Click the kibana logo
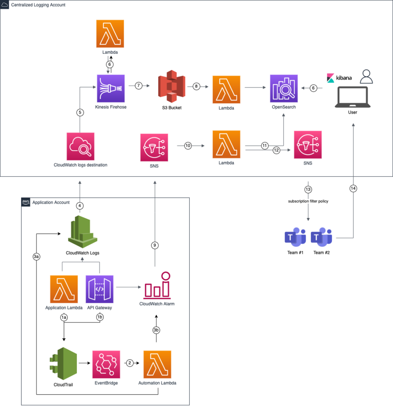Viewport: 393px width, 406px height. click(x=340, y=78)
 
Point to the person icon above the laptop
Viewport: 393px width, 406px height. click(x=366, y=77)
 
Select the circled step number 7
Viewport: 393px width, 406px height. click(x=138, y=86)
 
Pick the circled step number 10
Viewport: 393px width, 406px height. click(x=188, y=146)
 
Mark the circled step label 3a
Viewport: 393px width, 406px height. click(x=36, y=257)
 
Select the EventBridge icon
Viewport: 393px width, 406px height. click(x=106, y=364)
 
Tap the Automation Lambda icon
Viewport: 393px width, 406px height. click(x=157, y=364)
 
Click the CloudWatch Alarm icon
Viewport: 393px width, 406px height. click(x=157, y=285)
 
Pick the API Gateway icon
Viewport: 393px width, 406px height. click(x=99, y=289)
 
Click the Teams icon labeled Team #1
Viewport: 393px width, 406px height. click(x=295, y=237)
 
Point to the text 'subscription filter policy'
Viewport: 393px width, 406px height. click(x=308, y=201)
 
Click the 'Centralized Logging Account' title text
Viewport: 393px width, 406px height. click(x=39, y=5)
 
